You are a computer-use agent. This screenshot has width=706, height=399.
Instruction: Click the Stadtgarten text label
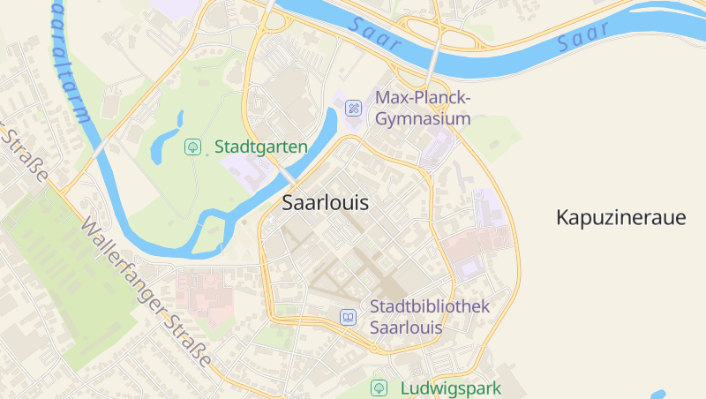tap(261, 147)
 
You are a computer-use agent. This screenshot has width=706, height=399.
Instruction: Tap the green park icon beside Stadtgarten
tap(192, 147)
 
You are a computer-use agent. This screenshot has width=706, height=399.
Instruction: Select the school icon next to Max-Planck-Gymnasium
tap(353, 108)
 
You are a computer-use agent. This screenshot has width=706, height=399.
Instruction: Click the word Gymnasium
tap(423, 118)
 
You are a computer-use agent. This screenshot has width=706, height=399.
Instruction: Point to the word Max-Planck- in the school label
tap(424, 97)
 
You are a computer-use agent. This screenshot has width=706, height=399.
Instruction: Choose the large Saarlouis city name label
tap(325, 202)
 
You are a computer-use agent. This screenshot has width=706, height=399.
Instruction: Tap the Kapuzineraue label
tap(620, 218)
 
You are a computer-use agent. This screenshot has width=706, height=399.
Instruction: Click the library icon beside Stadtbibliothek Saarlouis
tap(349, 317)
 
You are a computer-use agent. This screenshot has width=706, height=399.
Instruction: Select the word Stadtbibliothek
tap(430, 307)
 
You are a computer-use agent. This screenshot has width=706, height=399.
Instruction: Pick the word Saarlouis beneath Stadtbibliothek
tap(406, 327)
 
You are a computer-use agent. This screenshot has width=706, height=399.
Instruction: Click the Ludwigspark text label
tap(450, 388)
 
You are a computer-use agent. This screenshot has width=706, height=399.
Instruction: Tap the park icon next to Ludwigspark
tap(379, 388)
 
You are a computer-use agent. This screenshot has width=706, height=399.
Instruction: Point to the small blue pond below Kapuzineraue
tap(657, 395)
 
